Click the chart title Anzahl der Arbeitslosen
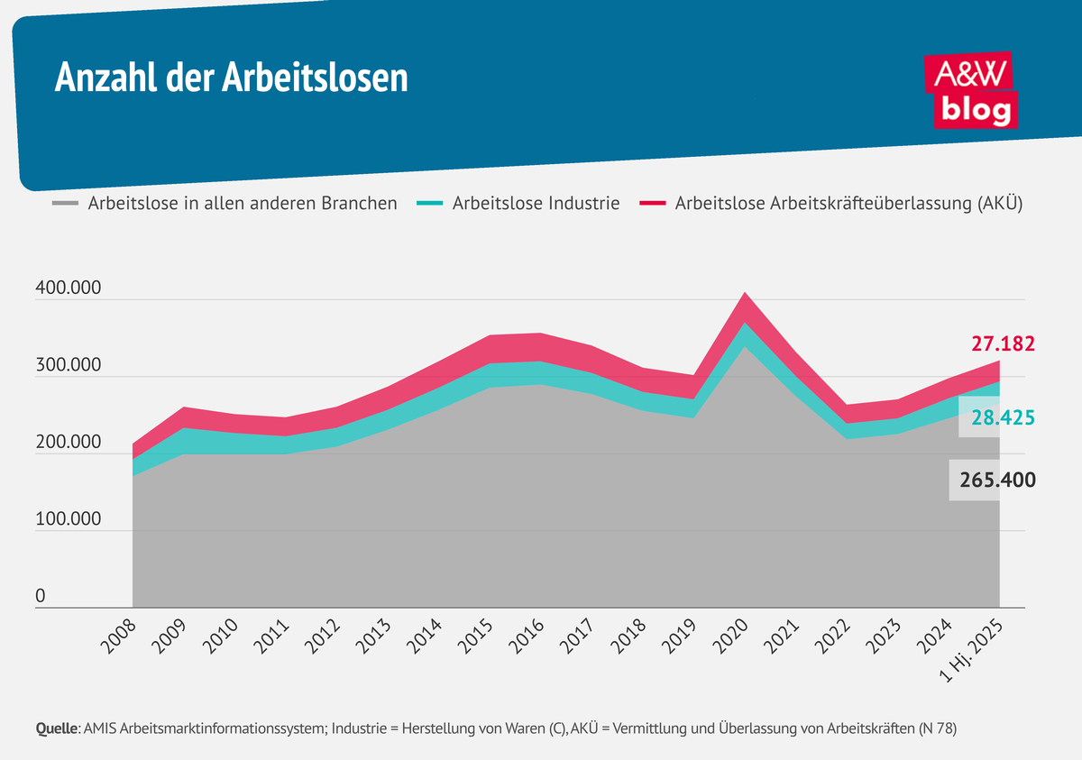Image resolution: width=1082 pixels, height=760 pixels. coord(231,78)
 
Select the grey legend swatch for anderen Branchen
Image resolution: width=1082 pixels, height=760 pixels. coord(65,204)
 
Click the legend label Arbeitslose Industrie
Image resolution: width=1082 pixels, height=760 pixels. coord(536,204)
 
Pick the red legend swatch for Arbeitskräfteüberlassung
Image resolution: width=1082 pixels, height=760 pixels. coord(652,204)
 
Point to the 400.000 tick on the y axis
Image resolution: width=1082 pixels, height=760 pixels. coord(69,290)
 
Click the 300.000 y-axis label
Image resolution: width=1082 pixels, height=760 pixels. coord(69,367)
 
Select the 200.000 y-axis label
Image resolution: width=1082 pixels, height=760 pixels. coord(69,444)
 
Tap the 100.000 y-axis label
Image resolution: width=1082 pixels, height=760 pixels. coord(69,520)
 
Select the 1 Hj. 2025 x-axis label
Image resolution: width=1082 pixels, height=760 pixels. coord(973,647)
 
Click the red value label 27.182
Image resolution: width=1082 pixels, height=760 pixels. coord(1002,343)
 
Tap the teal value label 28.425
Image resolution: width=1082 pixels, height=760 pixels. coord(1002,418)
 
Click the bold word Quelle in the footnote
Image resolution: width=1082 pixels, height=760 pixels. coord(57,728)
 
